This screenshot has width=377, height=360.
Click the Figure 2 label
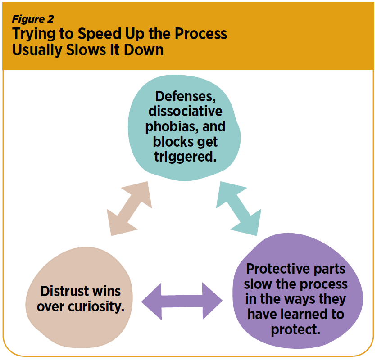[x=33, y=19]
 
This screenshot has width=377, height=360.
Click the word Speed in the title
[x=100, y=33]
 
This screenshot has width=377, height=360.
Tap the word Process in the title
[x=201, y=33]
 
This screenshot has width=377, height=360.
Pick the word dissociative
[x=186, y=112]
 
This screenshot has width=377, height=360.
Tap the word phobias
[x=172, y=127]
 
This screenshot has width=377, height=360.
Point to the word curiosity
[x=96, y=307]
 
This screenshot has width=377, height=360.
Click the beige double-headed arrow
[x=129, y=208]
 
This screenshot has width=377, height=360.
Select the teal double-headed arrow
[x=239, y=208]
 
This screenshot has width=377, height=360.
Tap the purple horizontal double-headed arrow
[x=182, y=301]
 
